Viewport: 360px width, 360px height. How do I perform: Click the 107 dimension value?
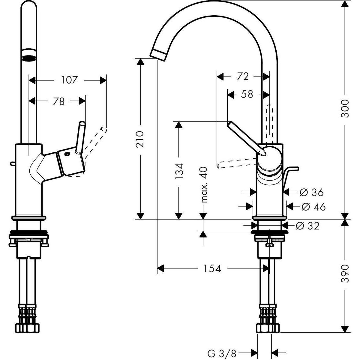tap(69, 80)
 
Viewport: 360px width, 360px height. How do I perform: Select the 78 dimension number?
tap(59, 101)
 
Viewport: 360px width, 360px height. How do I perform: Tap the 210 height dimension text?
tap(141, 139)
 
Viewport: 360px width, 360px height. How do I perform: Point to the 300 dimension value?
tap(345, 109)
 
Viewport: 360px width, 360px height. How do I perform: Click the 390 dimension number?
tap(345, 274)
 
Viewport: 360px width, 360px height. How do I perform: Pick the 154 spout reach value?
tap(212, 268)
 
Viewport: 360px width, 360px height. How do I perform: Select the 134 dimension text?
tap(179, 171)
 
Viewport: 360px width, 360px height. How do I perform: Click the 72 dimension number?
tap(242, 77)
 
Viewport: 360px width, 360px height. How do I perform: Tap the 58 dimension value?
tap(247, 94)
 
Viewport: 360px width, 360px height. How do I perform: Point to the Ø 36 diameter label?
tap(311, 192)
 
